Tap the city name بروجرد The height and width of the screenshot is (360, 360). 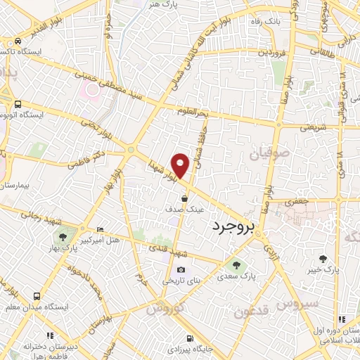click(231, 227)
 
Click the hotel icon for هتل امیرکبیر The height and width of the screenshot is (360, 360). click(101, 229)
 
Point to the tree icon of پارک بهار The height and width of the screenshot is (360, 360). click(64, 237)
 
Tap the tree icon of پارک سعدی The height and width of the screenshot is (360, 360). click(236, 266)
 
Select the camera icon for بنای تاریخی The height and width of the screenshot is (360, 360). click(181, 269)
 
